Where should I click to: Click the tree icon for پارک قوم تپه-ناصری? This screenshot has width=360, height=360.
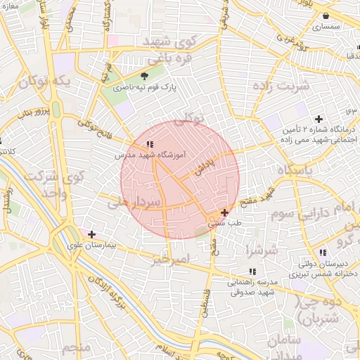pos(146,76)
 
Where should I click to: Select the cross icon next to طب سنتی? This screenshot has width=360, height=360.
pos(224,212)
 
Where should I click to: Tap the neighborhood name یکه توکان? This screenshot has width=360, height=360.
pos(46,82)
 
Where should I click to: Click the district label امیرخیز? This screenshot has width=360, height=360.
pos(171,260)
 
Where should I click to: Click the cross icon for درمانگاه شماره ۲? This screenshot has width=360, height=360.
pos(319,119)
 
